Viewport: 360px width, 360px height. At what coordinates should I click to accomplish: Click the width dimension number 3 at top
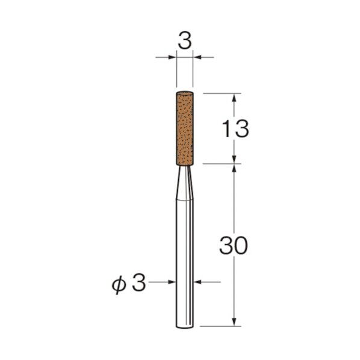tap(185, 42)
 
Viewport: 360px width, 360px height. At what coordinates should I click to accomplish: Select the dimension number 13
tap(235, 129)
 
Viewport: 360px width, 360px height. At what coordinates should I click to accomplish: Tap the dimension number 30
tap(234, 246)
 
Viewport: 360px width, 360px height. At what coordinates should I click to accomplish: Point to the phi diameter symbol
tap(119, 285)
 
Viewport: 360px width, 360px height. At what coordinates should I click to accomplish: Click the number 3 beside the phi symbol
tap(138, 283)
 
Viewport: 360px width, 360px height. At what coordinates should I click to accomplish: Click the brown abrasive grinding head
tap(185, 128)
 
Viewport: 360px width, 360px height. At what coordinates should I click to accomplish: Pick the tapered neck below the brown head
tap(184, 182)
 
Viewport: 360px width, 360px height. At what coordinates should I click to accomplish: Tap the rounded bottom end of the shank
tap(185, 326)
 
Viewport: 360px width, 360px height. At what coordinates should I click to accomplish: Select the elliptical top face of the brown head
tap(185, 93)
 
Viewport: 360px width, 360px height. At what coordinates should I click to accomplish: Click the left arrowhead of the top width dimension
tap(172, 57)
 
